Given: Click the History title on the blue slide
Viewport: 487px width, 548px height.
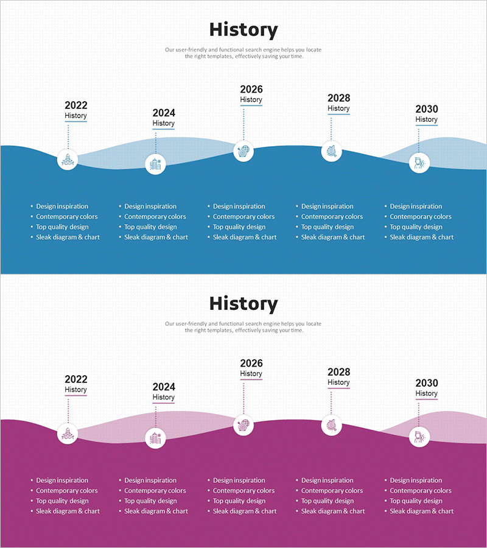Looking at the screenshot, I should pyautogui.click(x=243, y=30).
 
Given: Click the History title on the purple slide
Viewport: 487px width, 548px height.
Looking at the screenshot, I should pyautogui.click(x=243, y=303).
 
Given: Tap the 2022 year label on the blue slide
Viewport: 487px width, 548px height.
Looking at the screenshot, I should pyautogui.click(x=76, y=105).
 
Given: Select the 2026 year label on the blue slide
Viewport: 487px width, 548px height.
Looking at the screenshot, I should pyautogui.click(x=251, y=90).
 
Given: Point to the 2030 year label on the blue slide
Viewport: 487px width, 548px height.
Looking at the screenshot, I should pyautogui.click(x=427, y=109).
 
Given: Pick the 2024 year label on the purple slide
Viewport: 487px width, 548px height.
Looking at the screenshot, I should pyautogui.click(x=164, y=387).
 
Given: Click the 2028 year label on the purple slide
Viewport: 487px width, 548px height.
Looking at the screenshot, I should pyautogui.click(x=339, y=372).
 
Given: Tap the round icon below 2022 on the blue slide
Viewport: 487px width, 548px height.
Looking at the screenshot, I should pyautogui.click(x=68, y=160).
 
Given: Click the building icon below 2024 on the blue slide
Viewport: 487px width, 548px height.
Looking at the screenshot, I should pyautogui.click(x=155, y=164).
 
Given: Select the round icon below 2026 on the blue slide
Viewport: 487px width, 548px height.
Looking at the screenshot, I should pyautogui.click(x=243, y=150).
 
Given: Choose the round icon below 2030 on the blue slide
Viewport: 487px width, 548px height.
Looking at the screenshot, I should pyautogui.click(x=419, y=163).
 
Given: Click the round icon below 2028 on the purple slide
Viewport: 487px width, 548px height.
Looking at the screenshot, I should pyautogui.click(x=331, y=425).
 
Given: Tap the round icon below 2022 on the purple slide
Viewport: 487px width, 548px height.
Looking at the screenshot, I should pyautogui.click(x=68, y=434).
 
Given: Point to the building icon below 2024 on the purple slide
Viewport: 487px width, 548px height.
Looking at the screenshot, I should pyautogui.click(x=155, y=438).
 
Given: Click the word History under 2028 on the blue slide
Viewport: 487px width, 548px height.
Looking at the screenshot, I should pyautogui.click(x=339, y=108).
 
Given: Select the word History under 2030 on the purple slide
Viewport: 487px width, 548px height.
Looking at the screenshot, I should pyautogui.click(x=427, y=393).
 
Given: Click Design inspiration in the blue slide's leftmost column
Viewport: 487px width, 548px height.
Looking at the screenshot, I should pyautogui.click(x=62, y=206).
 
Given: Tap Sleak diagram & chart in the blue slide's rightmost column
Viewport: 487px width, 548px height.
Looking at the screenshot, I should pyautogui.click(x=422, y=237).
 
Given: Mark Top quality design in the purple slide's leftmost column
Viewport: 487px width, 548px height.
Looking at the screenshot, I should pyautogui.click(x=62, y=501).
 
